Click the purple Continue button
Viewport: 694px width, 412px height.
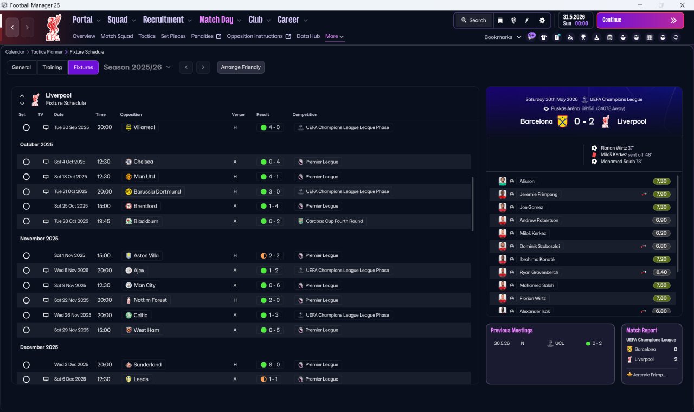click(640, 20)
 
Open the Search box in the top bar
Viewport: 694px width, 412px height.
click(474, 20)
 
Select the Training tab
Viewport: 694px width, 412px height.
click(52, 67)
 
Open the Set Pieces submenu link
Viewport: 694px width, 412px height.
click(173, 36)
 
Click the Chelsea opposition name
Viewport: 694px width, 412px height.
click(143, 162)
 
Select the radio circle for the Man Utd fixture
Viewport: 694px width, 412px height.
click(27, 177)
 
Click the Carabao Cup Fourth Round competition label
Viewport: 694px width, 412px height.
click(334, 221)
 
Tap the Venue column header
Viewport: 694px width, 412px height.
click(238, 114)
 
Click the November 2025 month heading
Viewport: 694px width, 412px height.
click(39, 238)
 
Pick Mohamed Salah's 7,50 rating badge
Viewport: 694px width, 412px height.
click(661, 285)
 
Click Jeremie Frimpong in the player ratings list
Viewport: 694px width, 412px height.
click(538, 194)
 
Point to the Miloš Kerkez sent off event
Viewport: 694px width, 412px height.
click(626, 154)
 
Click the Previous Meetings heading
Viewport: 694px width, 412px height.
click(511, 330)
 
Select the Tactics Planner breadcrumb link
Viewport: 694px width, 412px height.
click(47, 52)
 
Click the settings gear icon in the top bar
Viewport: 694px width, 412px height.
click(542, 21)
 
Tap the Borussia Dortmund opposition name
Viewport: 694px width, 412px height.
click(157, 191)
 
